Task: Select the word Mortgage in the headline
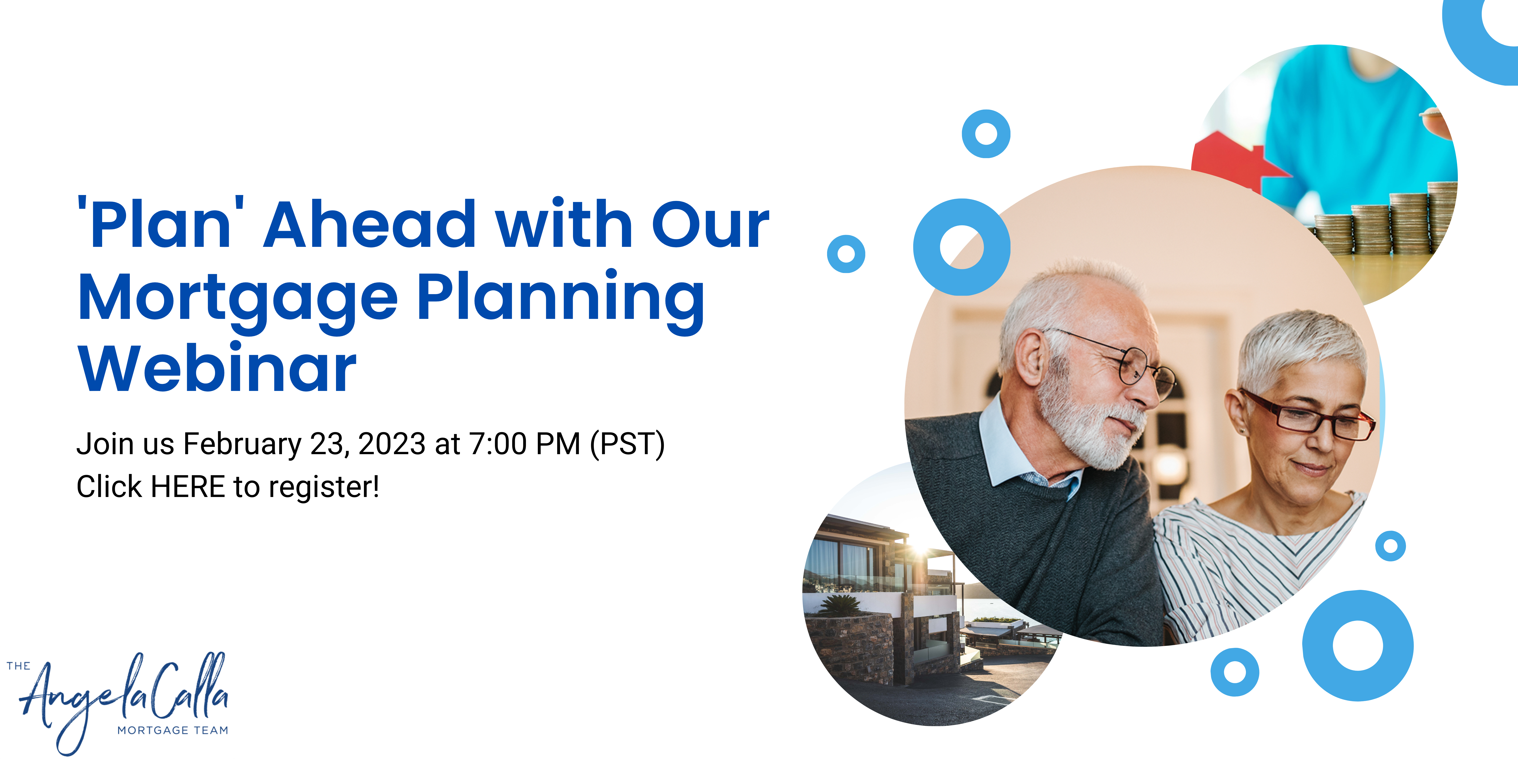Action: (237, 300)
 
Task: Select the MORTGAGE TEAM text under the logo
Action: (173, 730)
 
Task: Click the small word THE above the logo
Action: (18, 666)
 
